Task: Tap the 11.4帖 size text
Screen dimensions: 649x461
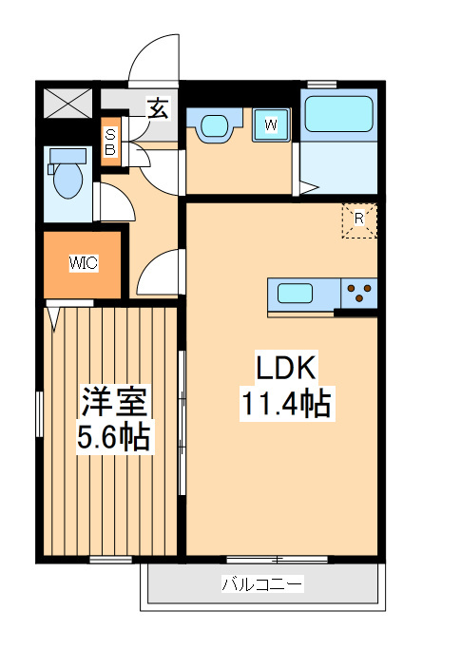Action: point(283,405)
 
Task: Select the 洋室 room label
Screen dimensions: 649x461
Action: point(113,404)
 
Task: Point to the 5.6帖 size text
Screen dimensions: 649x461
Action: point(113,438)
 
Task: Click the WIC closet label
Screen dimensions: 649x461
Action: point(83,264)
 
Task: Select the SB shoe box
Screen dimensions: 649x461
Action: point(110,143)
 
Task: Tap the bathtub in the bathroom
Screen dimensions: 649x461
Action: point(340,115)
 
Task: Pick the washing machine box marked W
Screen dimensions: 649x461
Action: point(271,124)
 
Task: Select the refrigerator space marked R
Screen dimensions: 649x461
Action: point(359,220)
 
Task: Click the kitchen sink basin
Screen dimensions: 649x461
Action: point(295,292)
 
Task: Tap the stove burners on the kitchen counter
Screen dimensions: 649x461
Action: point(359,288)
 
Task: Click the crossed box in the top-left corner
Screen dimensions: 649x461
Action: point(68,101)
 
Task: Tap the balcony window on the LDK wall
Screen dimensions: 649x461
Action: point(277,558)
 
